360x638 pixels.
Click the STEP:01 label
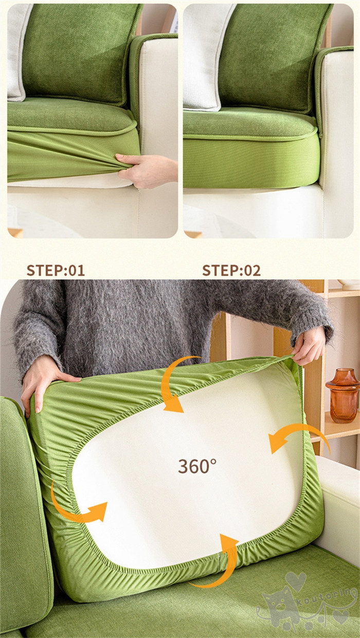56,270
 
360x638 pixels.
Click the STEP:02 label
231,270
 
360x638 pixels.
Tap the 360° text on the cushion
197,466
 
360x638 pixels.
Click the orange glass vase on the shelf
343,395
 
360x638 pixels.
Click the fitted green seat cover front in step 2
250,163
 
